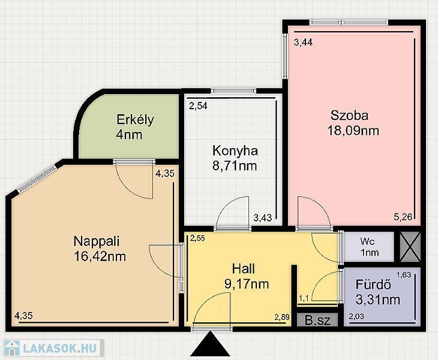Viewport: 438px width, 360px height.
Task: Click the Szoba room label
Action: click(349, 115)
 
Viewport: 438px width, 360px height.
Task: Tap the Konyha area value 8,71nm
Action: click(235, 166)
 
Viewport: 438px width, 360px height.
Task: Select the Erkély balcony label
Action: click(135, 120)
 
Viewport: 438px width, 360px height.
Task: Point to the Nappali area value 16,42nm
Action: click(100, 256)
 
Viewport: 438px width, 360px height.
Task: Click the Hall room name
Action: click(244, 269)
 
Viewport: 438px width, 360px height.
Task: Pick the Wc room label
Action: click(367, 241)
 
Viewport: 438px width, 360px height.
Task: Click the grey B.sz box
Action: click(317, 320)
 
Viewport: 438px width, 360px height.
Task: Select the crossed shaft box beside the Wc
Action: click(410, 247)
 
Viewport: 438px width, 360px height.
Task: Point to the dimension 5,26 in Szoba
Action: click(403, 217)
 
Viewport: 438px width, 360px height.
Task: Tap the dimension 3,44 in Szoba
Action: click(304, 43)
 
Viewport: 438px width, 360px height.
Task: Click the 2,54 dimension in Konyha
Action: click(198, 106)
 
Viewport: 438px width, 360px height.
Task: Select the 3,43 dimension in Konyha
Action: click(263, 218)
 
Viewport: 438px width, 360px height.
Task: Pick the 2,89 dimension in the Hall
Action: click(282, 317)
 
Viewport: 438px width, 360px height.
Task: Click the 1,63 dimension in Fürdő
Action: click(404, 275)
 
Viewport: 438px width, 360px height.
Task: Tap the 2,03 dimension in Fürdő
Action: click(356, 316)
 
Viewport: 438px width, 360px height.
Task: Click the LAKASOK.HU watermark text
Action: click(60, 348)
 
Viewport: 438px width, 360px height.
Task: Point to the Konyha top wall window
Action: click(233, 91)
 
